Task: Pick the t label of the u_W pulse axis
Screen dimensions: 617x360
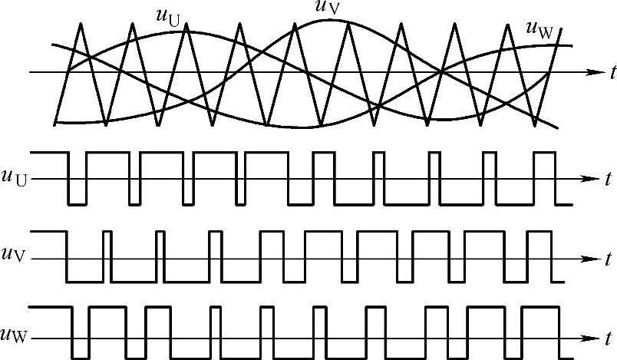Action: [x=607, y=339]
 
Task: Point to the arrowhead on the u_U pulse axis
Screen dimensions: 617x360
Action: [x=589, y=179]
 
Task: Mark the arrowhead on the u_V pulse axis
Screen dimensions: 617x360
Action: [x=589, y=259]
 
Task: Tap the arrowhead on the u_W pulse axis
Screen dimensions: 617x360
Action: [x=589, y=338]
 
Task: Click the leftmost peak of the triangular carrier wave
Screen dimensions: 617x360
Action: [x=81, y=22]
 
